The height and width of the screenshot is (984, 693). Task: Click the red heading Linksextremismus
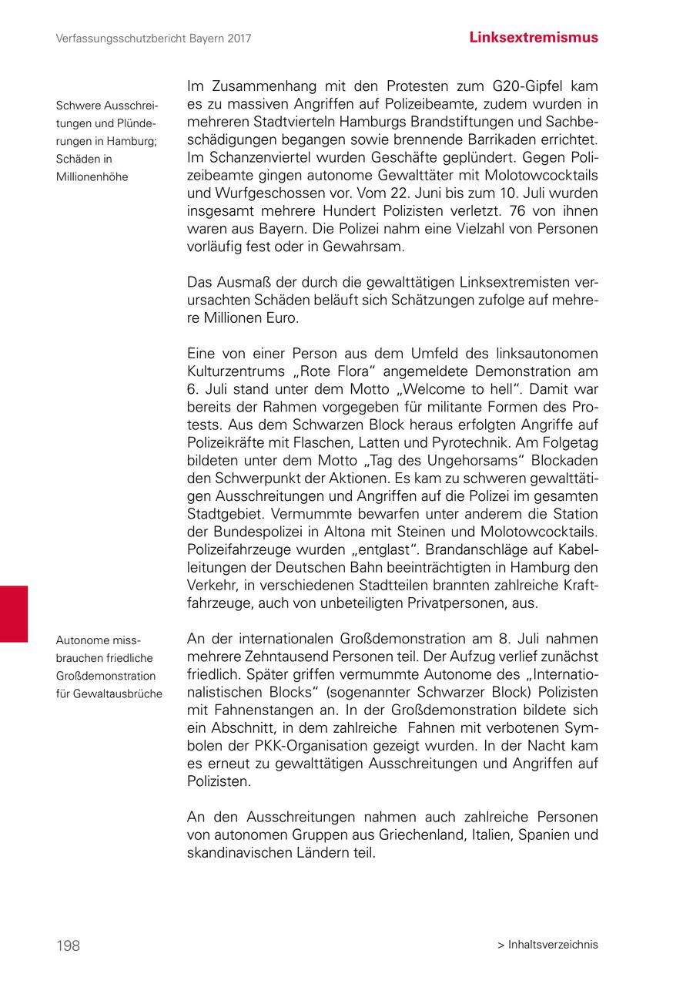[533, 37]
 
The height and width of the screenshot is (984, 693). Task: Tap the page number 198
[68, 945]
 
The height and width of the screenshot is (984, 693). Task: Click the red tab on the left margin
[14, 613]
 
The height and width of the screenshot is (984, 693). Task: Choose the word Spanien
[546, 835]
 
